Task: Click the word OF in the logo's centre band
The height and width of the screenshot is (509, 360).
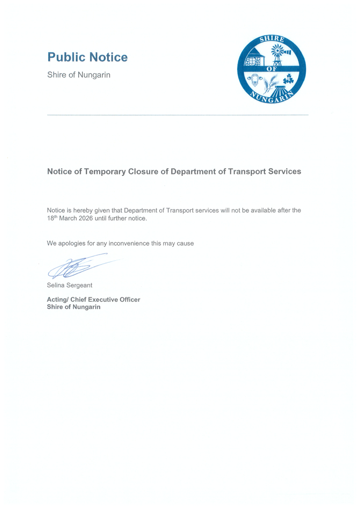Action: click(272, 69)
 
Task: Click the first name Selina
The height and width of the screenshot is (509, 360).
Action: click(57, 285)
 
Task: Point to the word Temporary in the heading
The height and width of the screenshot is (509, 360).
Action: click(105, 172)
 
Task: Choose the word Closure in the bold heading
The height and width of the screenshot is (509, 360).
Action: click(144, 172)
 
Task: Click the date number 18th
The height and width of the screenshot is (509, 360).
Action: click(52, 218)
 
